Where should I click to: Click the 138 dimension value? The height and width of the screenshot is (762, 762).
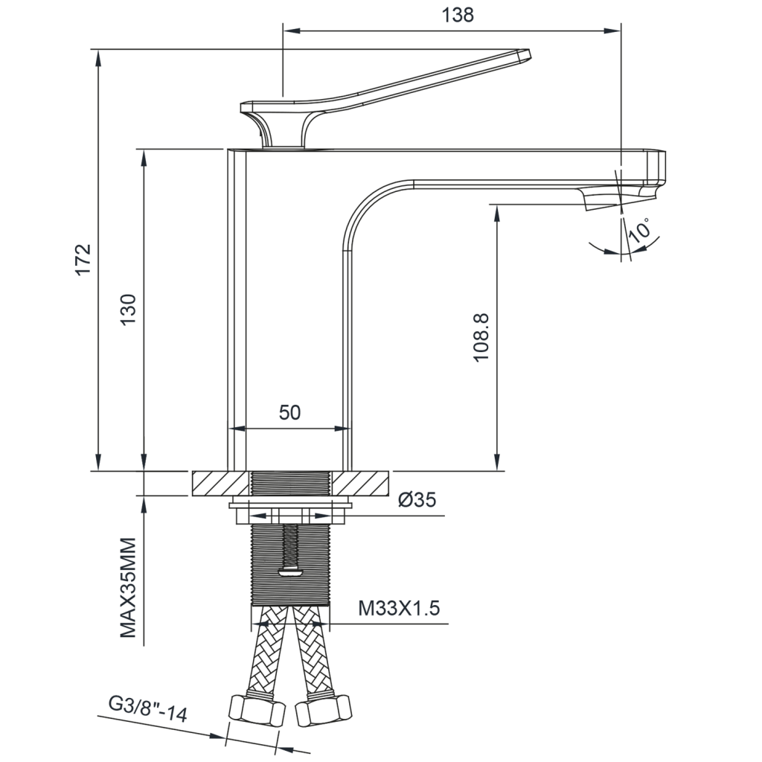(x=458, y=15)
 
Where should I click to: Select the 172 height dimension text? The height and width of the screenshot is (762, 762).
(x=83, y=259)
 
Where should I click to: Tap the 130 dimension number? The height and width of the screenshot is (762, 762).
(x=129, y=310)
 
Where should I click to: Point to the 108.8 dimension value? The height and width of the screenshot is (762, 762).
(x=481, y=337)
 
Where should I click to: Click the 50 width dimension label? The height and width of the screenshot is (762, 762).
(x=289, y=412)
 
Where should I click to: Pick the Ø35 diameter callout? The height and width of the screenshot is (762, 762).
(x=417, y=499)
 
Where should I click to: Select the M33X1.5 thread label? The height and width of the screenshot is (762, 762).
(x=399, y=607)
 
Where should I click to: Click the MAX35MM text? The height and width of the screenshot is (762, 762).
(x=128, y=588)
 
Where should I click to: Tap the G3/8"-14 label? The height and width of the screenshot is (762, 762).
(x=148, y=709)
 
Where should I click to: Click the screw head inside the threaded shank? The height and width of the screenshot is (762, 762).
(x=291, y=571)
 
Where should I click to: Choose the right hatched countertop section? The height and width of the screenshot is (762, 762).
(x=360, y=484)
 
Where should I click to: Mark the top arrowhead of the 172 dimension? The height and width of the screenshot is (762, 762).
(x=99, y=57)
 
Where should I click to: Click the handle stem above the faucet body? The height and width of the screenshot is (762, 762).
(x=284, y=130)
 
